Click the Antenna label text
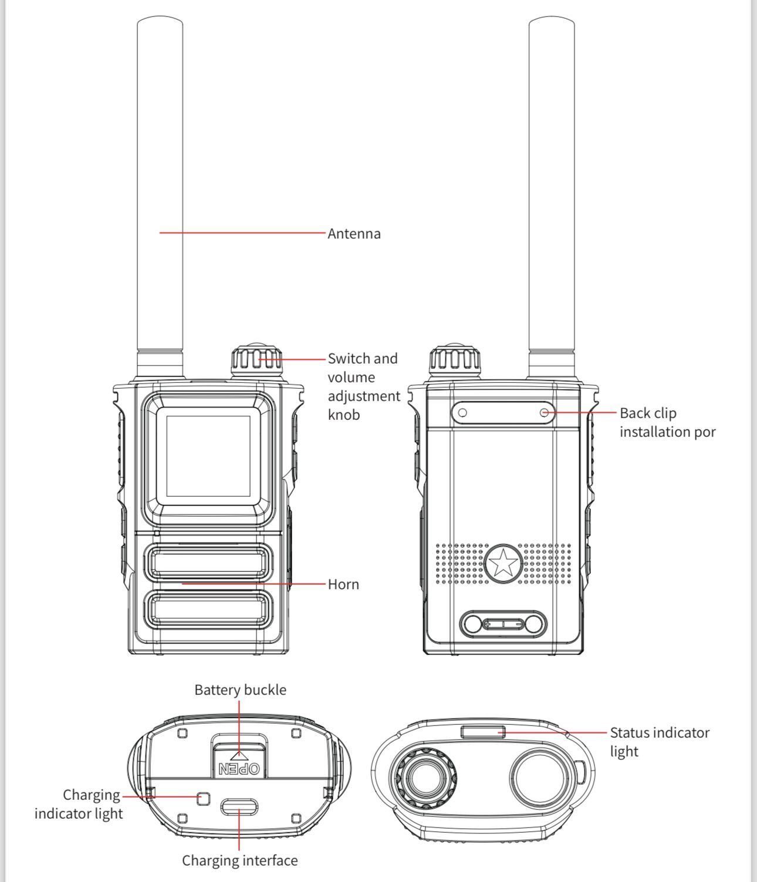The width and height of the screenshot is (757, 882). point(354,234)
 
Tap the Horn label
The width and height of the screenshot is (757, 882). point(343,584)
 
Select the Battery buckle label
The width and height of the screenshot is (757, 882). point(241,690)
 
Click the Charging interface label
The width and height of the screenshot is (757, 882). point(240,861)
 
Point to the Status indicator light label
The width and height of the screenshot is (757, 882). point(660,742)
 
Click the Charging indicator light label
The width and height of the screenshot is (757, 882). point(79,805)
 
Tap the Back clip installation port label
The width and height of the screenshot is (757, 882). point(667,422)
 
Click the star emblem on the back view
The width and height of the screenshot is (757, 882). point(503,563)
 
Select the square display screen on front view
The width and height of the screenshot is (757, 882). point(208,456)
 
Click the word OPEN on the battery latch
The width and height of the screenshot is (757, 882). point(239,768)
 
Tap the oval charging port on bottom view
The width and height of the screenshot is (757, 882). point(239,806)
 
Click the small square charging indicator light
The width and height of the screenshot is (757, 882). point(203,798)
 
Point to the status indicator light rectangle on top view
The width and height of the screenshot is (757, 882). point(483,732)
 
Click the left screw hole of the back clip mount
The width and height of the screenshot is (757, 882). point(462,413)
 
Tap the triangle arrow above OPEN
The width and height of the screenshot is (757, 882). point(239,756)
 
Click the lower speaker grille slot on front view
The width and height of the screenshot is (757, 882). point(208,610)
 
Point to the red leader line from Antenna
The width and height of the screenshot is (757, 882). point(242,233)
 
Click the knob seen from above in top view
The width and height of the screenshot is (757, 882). point(425,778)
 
